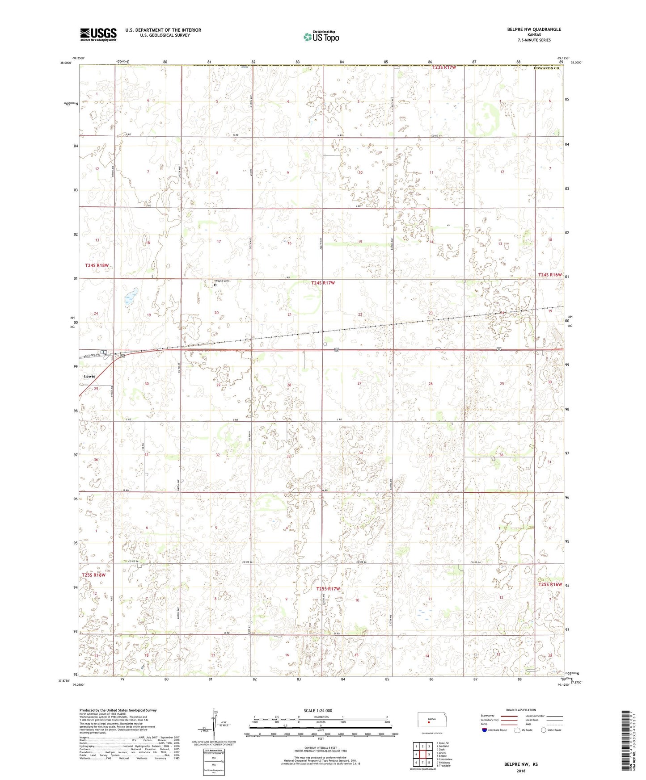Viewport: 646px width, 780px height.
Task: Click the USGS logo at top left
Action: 98,34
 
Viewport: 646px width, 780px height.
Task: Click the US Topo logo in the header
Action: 321,37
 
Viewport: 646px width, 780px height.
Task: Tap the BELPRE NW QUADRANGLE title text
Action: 534,29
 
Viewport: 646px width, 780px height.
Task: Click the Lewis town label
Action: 89,376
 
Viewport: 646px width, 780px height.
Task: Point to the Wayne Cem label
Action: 222,281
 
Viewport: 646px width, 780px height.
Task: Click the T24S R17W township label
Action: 323,283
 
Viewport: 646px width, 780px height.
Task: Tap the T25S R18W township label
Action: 94,575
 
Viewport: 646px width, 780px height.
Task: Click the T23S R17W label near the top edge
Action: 444,67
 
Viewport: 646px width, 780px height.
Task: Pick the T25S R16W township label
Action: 550,584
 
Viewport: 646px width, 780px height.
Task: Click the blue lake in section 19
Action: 130,297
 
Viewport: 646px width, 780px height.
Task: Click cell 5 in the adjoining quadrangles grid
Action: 429,755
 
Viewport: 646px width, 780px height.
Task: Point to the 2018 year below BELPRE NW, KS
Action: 521,771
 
